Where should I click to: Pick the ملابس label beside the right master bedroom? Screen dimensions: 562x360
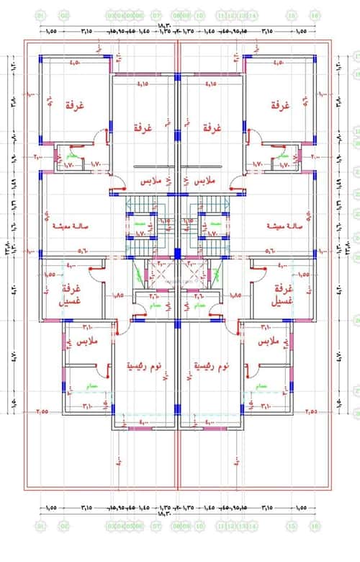click(x=269, y=340)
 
